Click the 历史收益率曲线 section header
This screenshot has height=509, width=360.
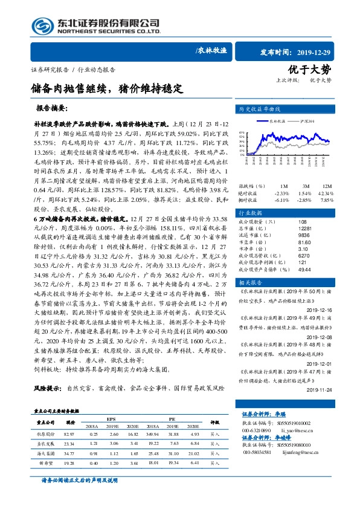pyautogui.click(x=260, y=109)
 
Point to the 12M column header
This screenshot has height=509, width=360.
pyautogui.click(x=327, y=186)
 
